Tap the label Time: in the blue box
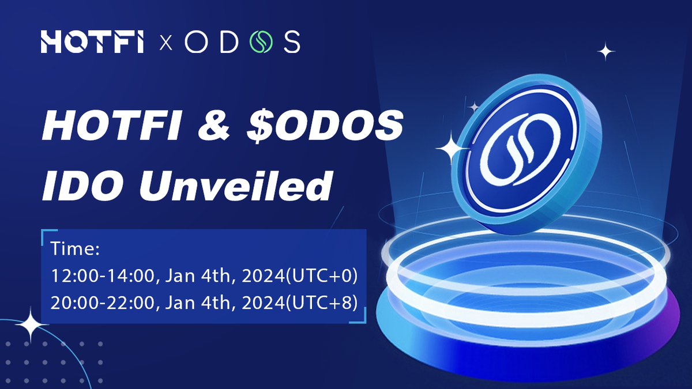[x=76, y=250]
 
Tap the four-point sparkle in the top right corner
[x=605, y=52]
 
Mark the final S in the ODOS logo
[x=291, y=43]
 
